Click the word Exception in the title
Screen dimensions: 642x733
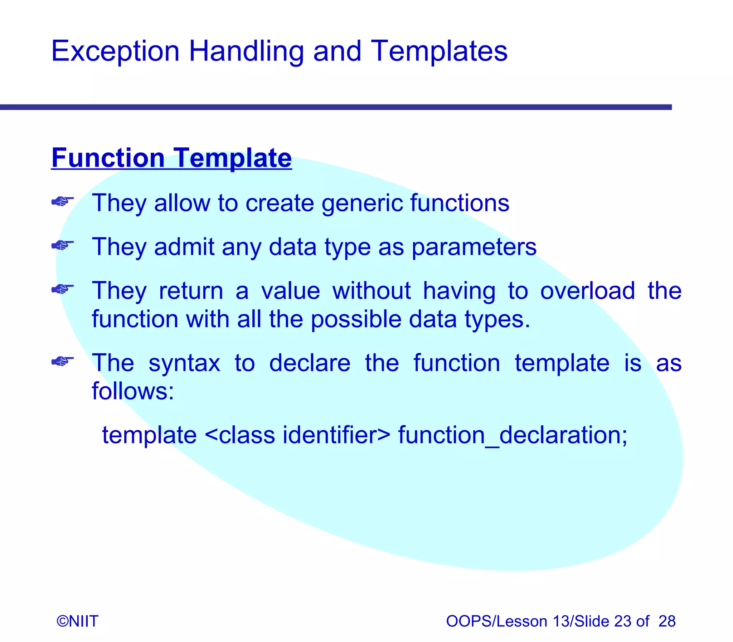(115, 52)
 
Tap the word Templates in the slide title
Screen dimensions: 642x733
(439, 52)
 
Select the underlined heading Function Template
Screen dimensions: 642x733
(171, 158)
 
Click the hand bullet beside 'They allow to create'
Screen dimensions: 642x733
(62, 202)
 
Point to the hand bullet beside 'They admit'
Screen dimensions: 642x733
(62, 245)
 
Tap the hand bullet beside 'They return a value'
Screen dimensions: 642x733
(62, 289)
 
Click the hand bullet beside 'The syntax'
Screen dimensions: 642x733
(62, 361)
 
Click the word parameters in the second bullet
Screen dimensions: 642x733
(474, 247)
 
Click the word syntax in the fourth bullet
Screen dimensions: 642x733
(184, 363)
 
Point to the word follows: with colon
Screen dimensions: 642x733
(133, 391)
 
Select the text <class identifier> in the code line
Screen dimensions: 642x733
(297, 435)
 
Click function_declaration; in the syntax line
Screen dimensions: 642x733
(513, 435)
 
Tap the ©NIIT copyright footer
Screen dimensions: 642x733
(77, 621)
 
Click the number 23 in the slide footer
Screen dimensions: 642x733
(623, 621)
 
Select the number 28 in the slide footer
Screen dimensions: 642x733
(667, 621)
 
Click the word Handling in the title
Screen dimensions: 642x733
(246, 52)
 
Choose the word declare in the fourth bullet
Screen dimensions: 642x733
(310, 363)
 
